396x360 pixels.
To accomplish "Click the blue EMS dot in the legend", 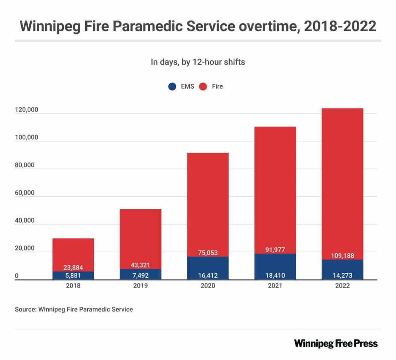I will [x=172, y=86].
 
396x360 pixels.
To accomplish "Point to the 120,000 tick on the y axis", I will [x=26, y=110].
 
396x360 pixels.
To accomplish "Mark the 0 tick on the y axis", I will [x=17, y=277].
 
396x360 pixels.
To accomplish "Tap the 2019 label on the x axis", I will [x=141, y=286].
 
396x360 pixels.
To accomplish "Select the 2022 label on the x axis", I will [x=342, y=286].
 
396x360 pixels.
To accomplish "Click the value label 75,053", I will [x=208, y=253].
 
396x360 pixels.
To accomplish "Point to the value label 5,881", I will [x=73, y=275].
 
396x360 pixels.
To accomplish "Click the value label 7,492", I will [x=141, y=275].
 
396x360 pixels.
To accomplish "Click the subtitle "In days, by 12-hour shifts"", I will [x=198, y=62].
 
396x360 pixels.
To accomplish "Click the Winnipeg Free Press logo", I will [x=336, y=343].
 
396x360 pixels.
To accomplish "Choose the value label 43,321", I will [x=141, y=265].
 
